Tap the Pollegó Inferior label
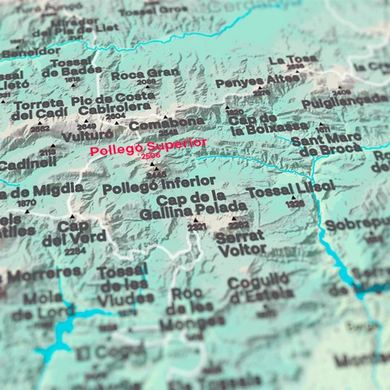pos(158,186)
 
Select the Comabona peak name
pos(167,123)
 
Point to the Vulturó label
pos(87,136)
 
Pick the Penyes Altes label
pos(257,81)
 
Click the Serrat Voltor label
pos(241,243)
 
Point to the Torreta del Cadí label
pos(39,109)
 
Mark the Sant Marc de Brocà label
pos(327,143)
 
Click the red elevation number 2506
pos(148,156)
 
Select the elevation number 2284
pos(75,251)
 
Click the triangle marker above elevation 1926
pos(294,198)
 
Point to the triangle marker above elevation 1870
pos(27,212)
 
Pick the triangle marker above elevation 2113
pos(52,146)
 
